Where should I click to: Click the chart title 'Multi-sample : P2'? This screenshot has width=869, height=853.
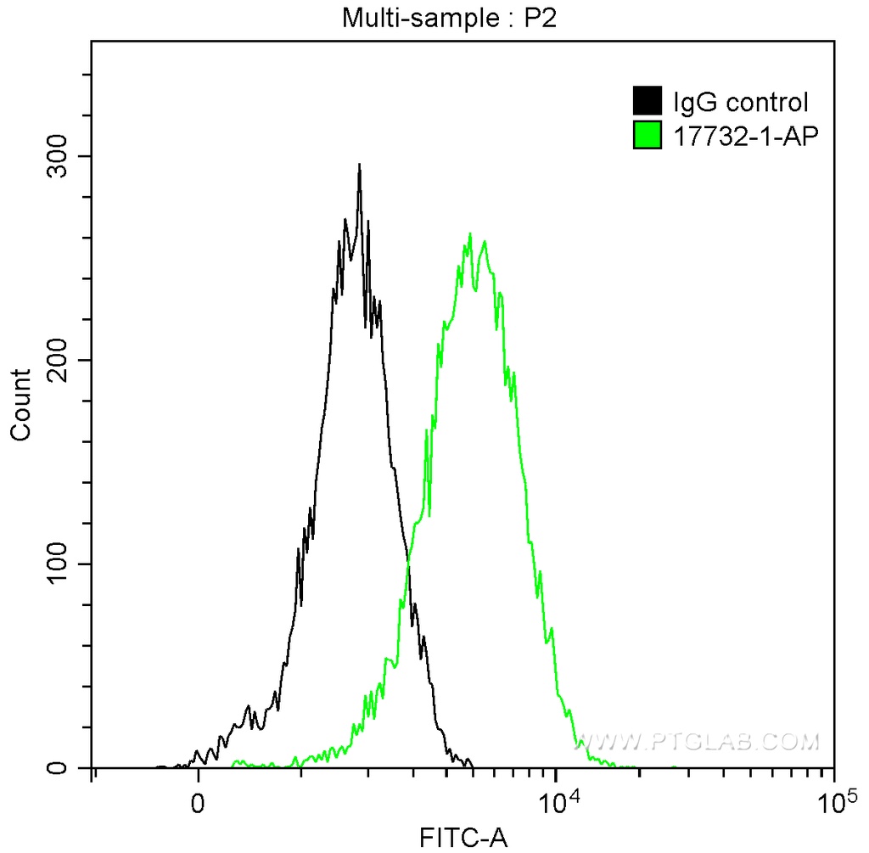click(448, 17)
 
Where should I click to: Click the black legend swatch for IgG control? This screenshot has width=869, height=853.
click(648, 102)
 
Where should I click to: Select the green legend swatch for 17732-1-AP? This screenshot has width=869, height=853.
click(648, 135)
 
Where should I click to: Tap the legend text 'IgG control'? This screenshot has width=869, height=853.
click(740, 103)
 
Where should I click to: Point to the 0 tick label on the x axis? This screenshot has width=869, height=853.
click(199, 802)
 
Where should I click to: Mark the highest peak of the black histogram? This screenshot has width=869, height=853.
click(360, 165)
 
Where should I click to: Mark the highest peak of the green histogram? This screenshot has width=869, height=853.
click(469, 234)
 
